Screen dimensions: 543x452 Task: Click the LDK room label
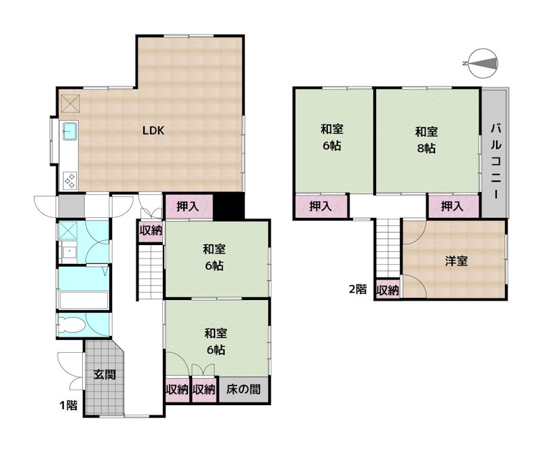(x=153, y=130)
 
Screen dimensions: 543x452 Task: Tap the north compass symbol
(x=483, y=63)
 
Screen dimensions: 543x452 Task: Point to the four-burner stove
(x=70, y=181)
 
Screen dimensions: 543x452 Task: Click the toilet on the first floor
(x=71, y=325)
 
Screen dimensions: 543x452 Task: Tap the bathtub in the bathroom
(x=83, y=300)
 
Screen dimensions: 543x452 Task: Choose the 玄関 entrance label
(x=105, y=375)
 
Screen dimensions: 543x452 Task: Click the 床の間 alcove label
(x=243, y=390)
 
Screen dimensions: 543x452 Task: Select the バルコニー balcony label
(x=495, y=162)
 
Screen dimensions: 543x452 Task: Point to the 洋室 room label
(x=456, y=261)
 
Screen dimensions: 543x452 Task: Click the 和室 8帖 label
(x=426, y=140)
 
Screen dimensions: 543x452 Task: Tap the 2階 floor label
(x=358, y=289)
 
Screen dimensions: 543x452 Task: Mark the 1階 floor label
(x=69, y=405)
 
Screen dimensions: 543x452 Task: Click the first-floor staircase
(x=151, y=272)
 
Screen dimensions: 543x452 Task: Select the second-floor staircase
(x=388, y=248)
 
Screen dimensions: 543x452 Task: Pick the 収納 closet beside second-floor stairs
(x=388, y=290)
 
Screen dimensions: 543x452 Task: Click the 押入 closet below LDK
(x=188, y=207)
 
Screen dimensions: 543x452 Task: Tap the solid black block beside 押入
(x=228, y=206)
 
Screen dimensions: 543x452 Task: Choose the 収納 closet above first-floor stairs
(x=151, y=230)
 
